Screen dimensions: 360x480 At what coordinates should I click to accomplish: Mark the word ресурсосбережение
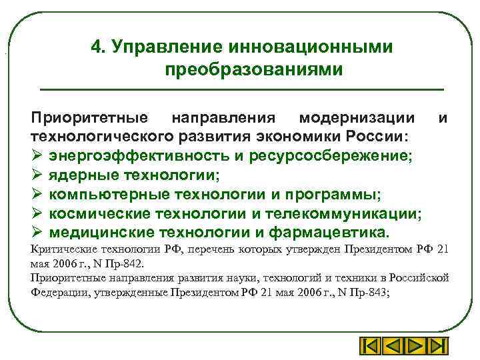coord(332,156)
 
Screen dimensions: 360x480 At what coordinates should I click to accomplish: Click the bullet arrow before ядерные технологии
coord(37,175)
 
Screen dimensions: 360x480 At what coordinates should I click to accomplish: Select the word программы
coord(331,195)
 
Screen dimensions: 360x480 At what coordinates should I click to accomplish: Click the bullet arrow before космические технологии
coord(37,214)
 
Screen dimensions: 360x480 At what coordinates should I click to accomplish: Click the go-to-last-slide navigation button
coord(436,347)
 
